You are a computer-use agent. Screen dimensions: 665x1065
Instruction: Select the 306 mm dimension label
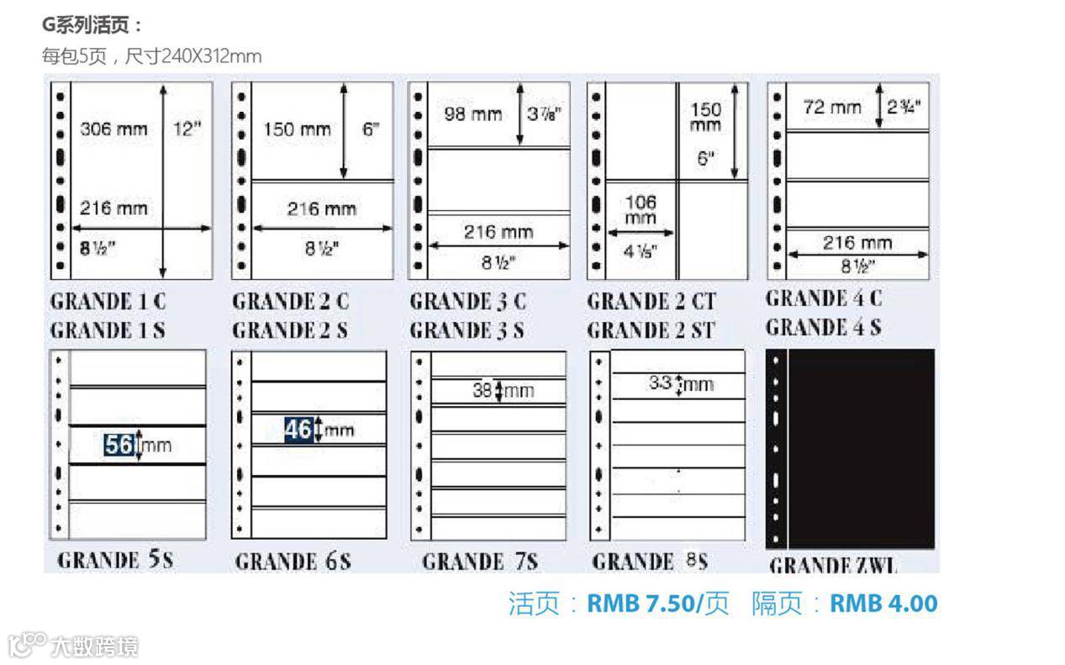tap(113, 129)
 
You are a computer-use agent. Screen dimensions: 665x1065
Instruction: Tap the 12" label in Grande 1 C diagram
tap(187, 129)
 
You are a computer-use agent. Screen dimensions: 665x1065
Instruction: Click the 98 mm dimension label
tap(472, 114)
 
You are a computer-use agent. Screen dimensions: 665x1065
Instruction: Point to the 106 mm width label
tap(641, 209)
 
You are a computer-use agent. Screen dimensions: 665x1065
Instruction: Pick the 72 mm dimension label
tap(832, 107)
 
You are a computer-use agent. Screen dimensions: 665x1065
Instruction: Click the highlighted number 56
tap(119, 444)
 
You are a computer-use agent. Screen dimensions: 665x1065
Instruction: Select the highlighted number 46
tap(298, 430)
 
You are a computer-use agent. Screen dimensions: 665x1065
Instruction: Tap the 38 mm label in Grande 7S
tap(503, 390)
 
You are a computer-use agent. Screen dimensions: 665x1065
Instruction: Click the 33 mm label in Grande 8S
tap(681, 384)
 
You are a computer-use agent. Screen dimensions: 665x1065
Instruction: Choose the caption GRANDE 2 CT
tap(651, 301)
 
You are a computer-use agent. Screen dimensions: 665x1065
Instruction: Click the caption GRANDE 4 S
tap(823, 326)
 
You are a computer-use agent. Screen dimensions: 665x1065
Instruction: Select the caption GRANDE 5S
tap(115, 560)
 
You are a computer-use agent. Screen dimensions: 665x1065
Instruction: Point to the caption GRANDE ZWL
tap(833, 565)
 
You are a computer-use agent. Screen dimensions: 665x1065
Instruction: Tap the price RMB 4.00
tap(883, 603)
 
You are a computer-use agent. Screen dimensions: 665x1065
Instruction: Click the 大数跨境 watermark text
tap(93, 646)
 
